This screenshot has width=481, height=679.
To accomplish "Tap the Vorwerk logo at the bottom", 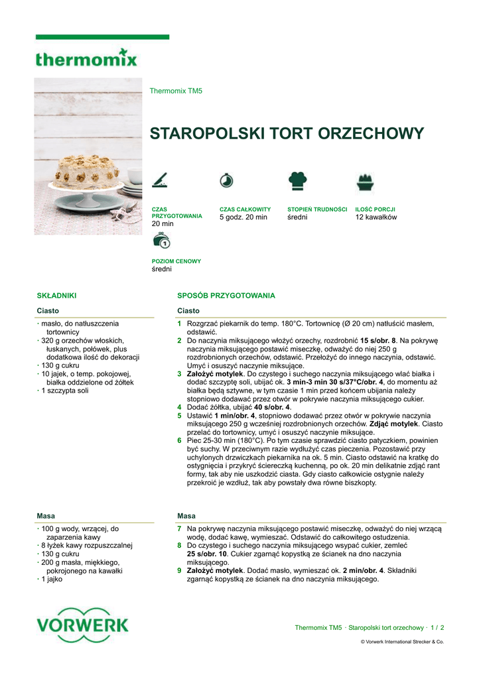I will click(83, 625).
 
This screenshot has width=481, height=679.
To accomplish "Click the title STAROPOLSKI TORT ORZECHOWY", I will click(287, 133).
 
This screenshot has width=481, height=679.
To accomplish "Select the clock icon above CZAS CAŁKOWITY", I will click(226, 180).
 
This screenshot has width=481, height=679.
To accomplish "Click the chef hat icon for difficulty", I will click(297, 180).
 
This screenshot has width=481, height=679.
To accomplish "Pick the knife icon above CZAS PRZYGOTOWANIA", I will click(160, 180).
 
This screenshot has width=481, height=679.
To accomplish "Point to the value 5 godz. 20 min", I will click(243, 217).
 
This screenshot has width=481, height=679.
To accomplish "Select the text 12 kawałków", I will click(376, 217).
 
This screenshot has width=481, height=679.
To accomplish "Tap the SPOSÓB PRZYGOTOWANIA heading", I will click(226, 296).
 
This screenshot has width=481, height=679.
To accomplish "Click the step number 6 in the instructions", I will click(179, 440).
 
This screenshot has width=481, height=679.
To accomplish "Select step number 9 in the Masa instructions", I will click(179, 570).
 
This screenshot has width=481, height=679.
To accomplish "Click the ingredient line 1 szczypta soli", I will click(65, 391).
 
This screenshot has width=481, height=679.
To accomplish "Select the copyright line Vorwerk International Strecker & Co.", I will click(402, 642).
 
